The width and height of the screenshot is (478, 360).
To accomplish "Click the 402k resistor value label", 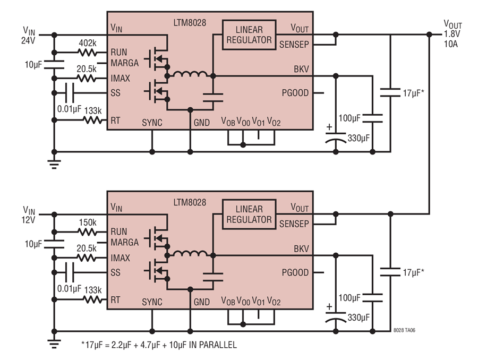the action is (x=88, y=43).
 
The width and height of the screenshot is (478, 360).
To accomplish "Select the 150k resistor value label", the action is (x=88, y=222).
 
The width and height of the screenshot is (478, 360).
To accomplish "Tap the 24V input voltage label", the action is (x=28, y=40).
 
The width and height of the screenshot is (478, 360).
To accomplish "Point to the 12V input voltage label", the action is (x=28, y=220).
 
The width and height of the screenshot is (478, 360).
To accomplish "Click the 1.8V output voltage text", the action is (x=452, y=34).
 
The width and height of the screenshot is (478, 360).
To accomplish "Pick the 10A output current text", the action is (x=451, y=44).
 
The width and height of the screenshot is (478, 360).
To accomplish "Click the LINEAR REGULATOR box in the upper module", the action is (x=249, y=35).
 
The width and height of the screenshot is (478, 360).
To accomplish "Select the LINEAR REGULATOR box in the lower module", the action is (x=249, y=215).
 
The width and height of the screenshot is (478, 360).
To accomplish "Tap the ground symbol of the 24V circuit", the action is (x=54, y=164).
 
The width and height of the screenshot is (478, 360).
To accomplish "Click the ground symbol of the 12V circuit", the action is (x=54, y=344).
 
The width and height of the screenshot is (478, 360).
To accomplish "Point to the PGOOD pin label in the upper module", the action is (x=295, y=93).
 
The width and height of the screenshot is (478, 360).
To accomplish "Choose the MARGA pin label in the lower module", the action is (x=125, y=242).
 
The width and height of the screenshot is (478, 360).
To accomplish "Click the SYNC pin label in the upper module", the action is (x=152, y=123).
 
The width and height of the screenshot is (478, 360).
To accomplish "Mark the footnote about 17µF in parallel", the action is (x=159, y=345).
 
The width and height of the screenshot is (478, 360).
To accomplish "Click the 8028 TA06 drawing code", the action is (x=404, y=330).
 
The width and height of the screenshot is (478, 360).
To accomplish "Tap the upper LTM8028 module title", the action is (x=190, y=23).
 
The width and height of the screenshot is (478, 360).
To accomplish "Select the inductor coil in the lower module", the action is (x=190, y=253).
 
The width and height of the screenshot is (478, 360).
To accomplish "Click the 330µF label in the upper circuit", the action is (x=358, y=138).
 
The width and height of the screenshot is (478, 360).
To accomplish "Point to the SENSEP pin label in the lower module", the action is (x=294, y=224).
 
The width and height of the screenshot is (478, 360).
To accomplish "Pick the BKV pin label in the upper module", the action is (x=301, y=69).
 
